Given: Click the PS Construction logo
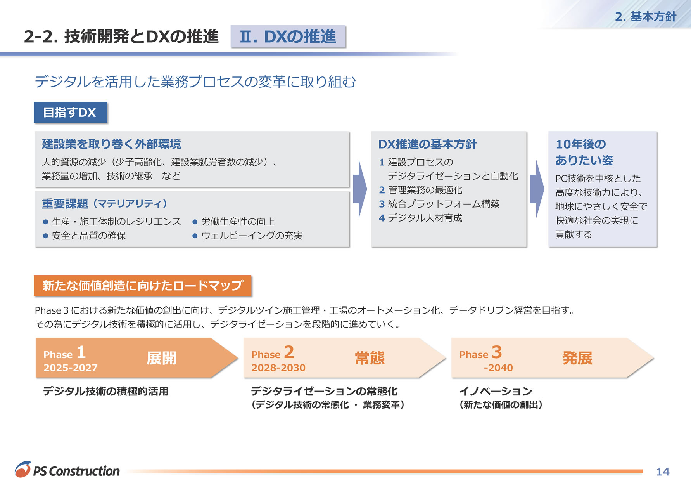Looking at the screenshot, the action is click(x=67, y=470).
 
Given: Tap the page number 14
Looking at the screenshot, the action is click(x=663, y=472).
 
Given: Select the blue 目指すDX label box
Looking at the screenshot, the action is click(x=70, y=113).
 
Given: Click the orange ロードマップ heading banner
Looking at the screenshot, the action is click(x=143, y=286).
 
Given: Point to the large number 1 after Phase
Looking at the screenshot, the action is click(x=81, y=352).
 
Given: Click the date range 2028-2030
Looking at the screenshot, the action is click(x=278, y=368).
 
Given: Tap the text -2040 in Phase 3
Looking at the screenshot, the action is click(x=498, y=368).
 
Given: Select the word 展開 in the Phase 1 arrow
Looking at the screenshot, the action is click(x=161, y=358).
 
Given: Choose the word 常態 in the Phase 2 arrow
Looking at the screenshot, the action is click(x=370, y=358).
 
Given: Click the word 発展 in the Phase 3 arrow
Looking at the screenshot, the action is click(x=577, y=358).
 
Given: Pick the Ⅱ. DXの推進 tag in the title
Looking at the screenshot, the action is click(x=288, y=36).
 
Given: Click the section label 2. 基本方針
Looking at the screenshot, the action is click(x=646, y=17).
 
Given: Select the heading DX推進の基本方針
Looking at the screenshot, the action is click(x=427, y=144).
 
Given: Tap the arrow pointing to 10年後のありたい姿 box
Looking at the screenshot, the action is click(x=537, y=189).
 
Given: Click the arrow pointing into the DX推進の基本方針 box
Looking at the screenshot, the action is click(x=360, y=189).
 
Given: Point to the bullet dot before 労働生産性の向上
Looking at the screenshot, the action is click(x=195, y=222).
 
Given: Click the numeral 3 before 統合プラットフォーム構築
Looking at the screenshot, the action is click(x=382, y=204).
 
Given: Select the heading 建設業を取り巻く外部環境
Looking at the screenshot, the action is click(x=112, y=144).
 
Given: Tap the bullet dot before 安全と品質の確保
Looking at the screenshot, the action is click(x=45, y=236).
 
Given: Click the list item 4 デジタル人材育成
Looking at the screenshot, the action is click(x=421, y=218).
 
